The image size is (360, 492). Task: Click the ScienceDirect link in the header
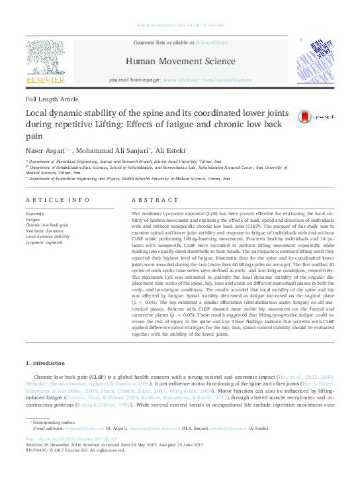tap(211, 42)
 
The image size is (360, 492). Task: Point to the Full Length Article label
tap(52, 99)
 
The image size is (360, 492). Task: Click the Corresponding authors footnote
tap(52, 422)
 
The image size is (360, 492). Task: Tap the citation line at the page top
tap(179, 25)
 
